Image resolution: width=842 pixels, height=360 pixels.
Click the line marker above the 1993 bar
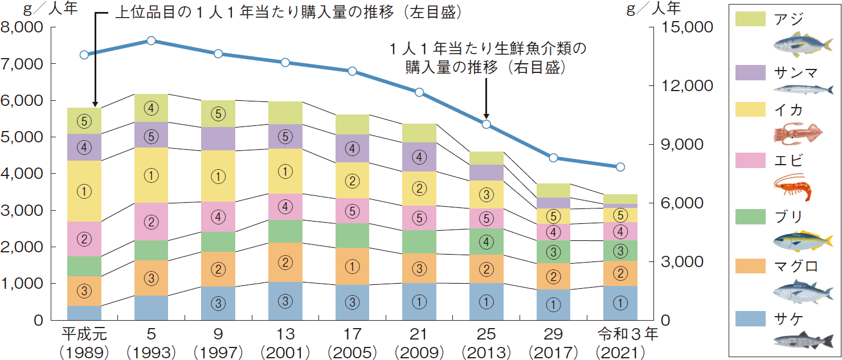[x=151, y=40]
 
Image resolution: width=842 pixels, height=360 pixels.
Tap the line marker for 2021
[x=620, y=167]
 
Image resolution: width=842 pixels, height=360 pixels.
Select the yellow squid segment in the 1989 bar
[x=84, y=191]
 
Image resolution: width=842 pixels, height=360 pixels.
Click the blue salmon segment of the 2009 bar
[x=419, y=301]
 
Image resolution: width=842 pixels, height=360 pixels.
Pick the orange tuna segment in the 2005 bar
[x=353, y=266]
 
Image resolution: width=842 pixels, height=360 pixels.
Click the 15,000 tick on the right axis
[x=681, y=27]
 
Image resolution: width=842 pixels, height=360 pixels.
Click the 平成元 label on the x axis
[x=84, y=334]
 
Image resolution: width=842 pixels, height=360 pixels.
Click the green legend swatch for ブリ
[x=751, y=217]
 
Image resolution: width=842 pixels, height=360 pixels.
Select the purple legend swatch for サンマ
[x=751, y=72]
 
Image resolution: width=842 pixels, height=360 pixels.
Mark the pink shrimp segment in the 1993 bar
[x=151, y=222]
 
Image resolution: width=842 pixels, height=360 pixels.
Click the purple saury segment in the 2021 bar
[x=620, y=206]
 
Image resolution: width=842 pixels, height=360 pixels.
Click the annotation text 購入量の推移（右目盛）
[x=485, y=67]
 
